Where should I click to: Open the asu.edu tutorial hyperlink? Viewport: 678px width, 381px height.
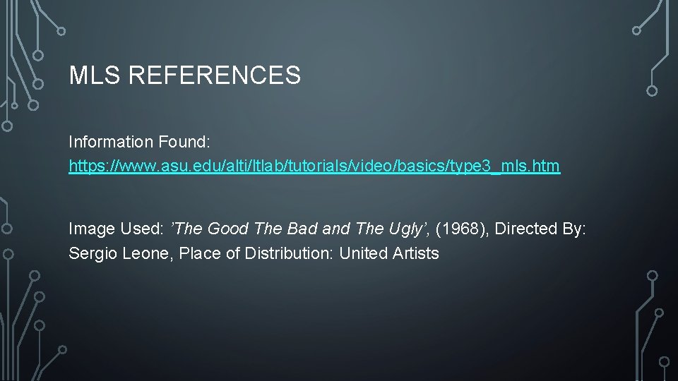[x=314, y=167]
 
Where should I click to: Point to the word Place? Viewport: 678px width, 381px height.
[x=200, y=253]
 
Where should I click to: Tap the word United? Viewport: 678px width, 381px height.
[x=362, y=253]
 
